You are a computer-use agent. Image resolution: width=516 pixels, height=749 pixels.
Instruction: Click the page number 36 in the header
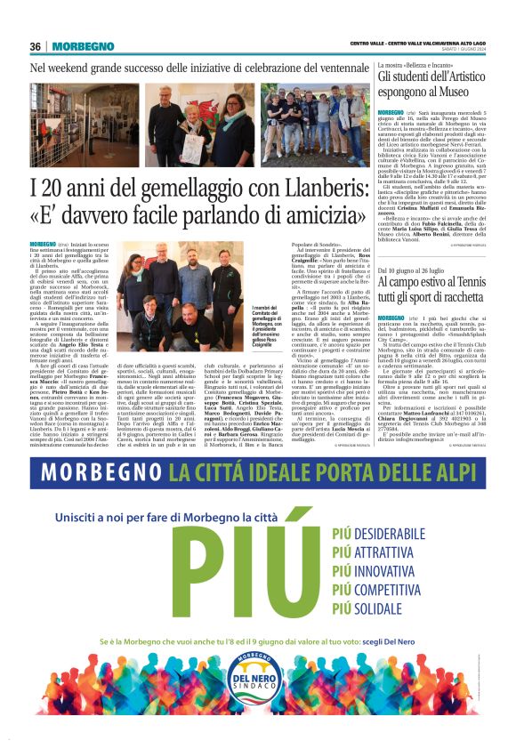pyautogui.click(x=36, y=46)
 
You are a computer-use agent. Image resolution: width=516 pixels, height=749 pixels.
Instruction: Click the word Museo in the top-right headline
pyautogui.click(x=464, y=92)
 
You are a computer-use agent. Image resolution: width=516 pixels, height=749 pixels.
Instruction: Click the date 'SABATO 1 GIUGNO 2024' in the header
pyautogui.click(x=468, y=51)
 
